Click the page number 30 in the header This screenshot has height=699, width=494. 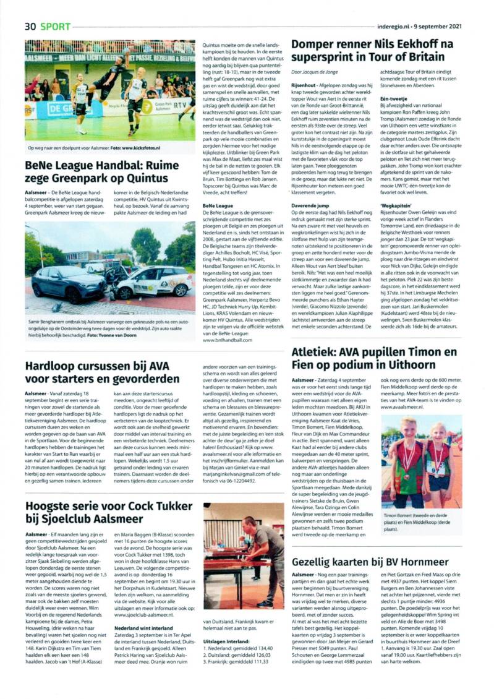[x=30, y=27]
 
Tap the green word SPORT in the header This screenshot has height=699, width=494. [x=56, y=27]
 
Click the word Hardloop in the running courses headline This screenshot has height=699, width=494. [x=52, y=366]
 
